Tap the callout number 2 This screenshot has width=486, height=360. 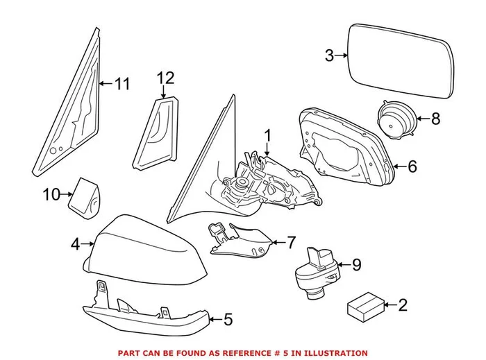pos(403,304)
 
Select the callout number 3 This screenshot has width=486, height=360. pos(330,55)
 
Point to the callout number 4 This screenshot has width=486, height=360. pos(74,243)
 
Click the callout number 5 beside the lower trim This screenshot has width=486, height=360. pos(228,320)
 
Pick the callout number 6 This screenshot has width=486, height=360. pos(412,166)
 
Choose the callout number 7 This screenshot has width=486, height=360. pos(291,242)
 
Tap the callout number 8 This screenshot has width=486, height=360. pos(435,119)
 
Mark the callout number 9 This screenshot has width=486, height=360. pos(357,264)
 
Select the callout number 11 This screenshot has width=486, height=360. pos(122,85)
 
